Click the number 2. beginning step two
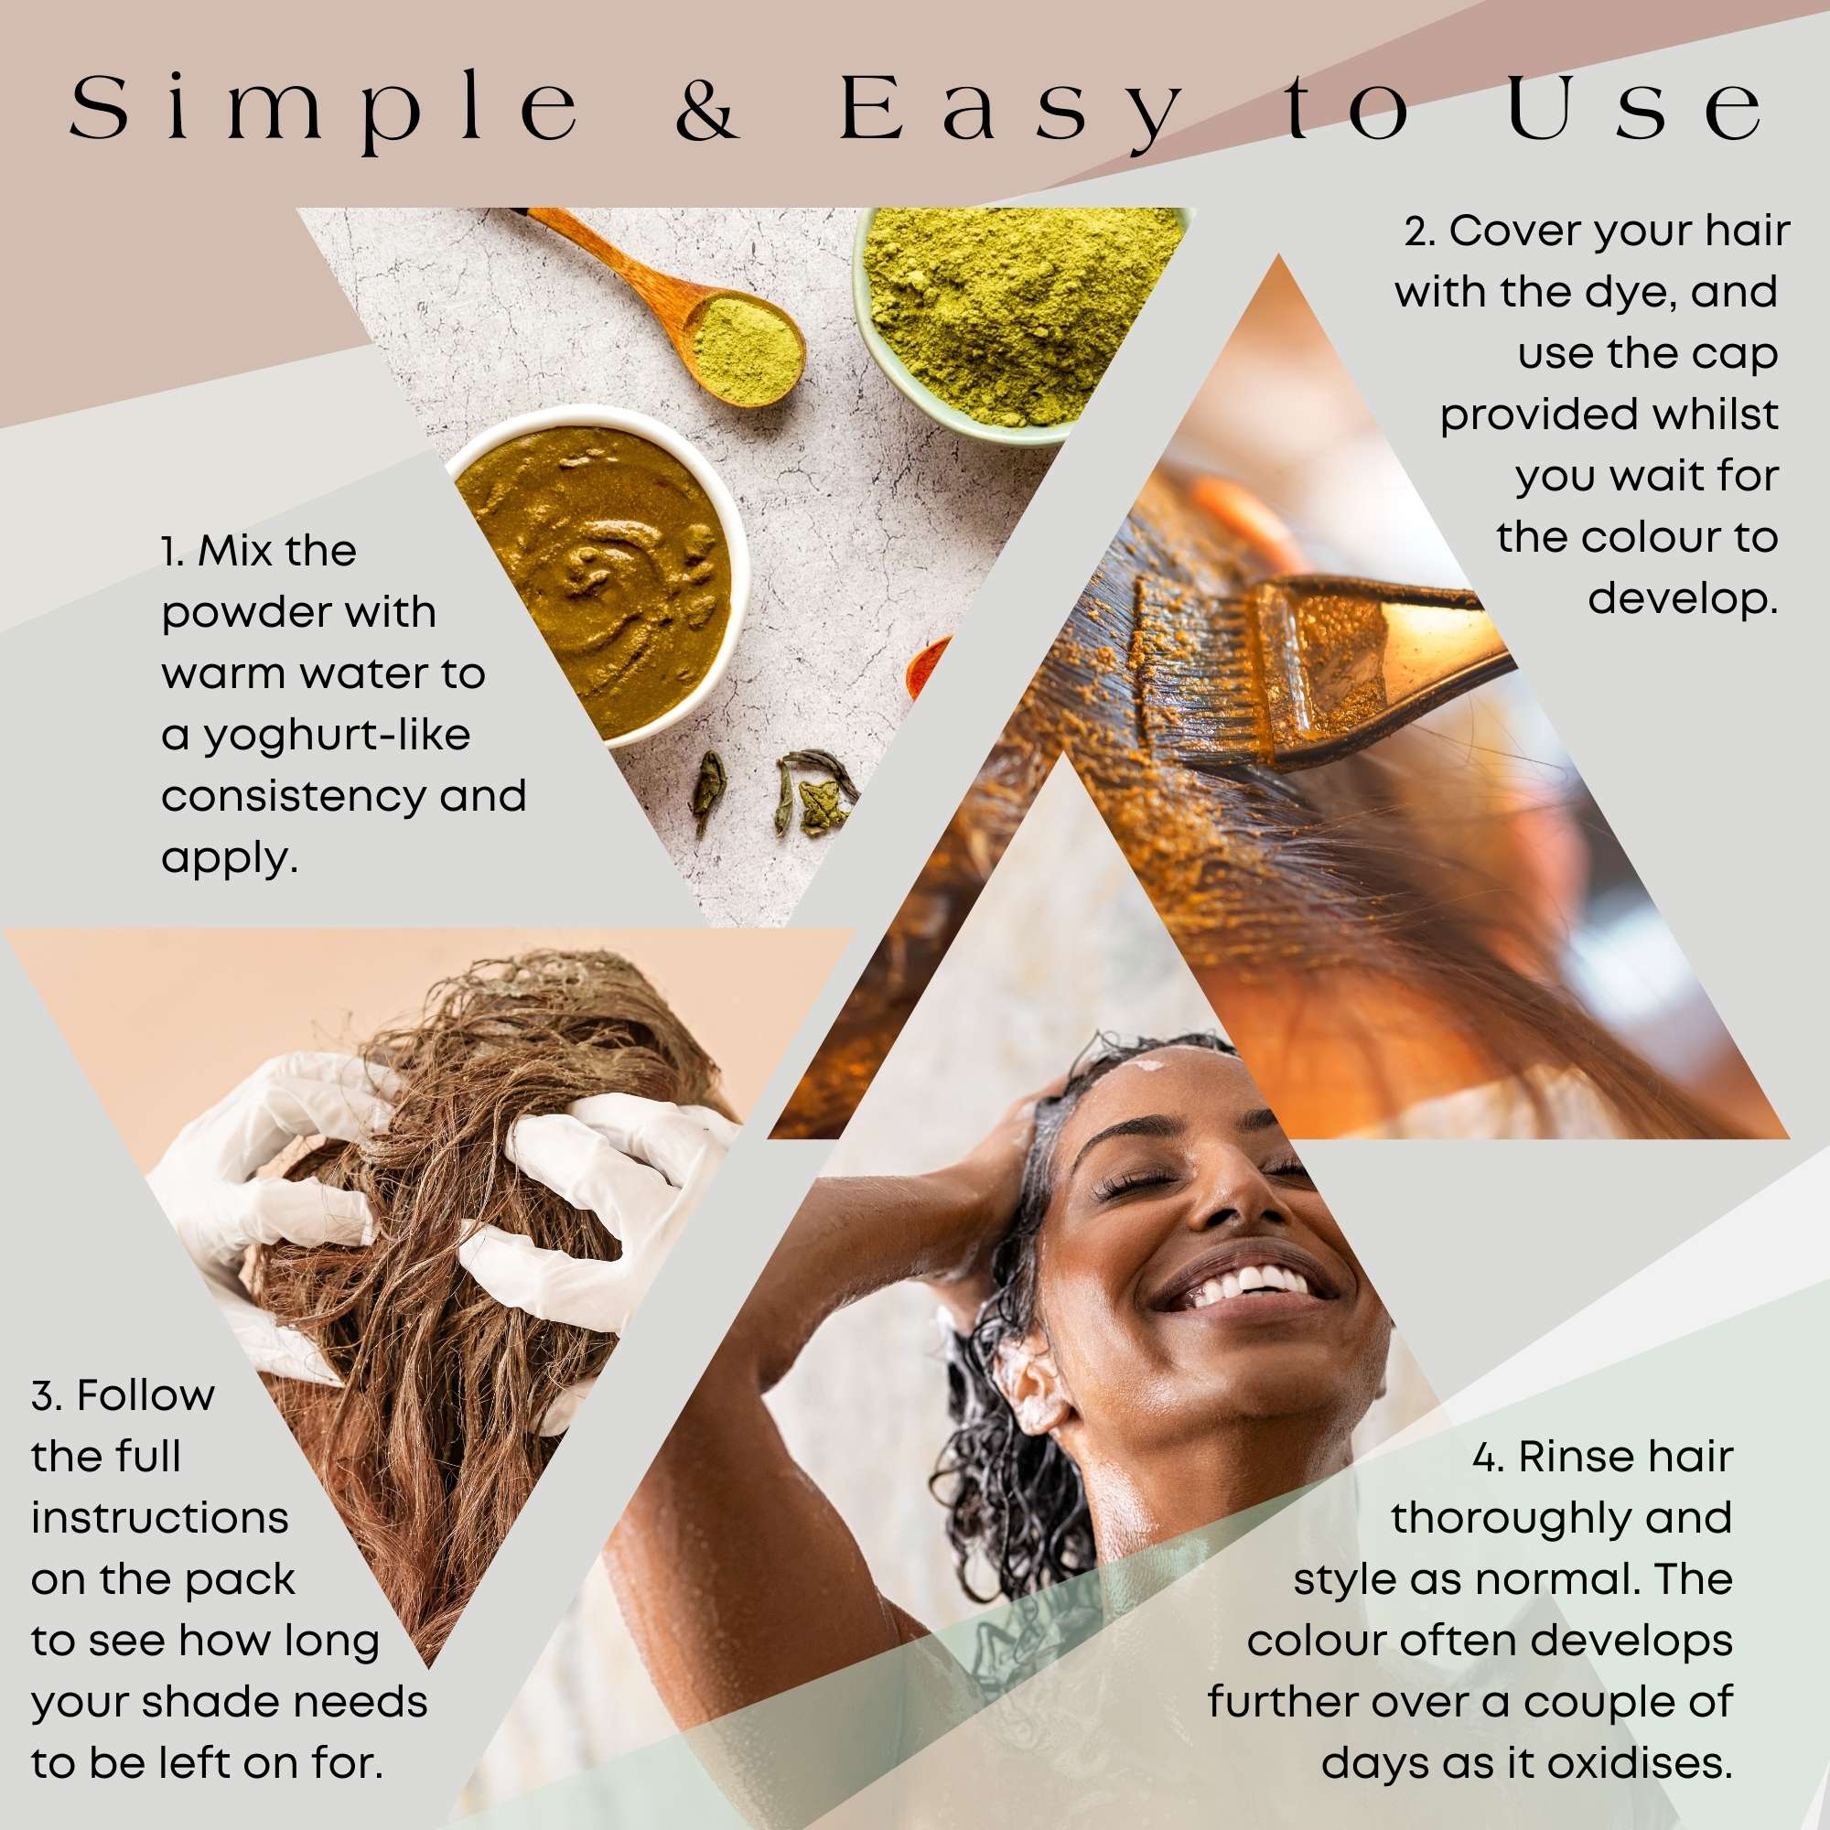click(x=1420, y=232)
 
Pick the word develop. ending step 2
click(x=1683, y=599)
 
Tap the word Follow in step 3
click(x=145, y=1396)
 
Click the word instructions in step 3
click(x=159, y=1518)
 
